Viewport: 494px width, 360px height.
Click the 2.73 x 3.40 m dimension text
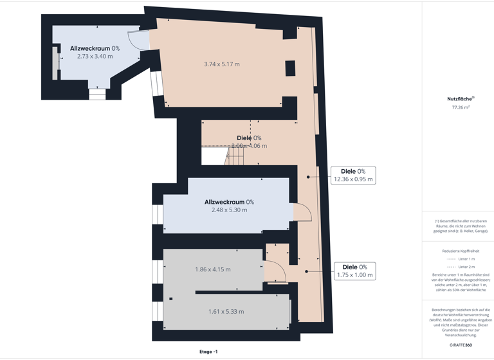[x=95, y=57]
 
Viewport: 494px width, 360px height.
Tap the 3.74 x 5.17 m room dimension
[x=222, y=64]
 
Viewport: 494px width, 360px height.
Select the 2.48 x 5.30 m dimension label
[x=229, y=210]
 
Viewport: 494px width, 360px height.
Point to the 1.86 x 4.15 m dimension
[x=213, y=269]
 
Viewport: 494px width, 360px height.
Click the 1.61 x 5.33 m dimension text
[x=226, y=312]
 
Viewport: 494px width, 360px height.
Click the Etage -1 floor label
[x=208, y=352]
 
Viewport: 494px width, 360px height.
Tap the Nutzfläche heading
[x=460, y=99]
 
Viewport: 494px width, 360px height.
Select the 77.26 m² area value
[x=461, y=107]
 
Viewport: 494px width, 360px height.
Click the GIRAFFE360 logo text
[x=461, y=345]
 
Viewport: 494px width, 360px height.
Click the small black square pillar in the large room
[x=290, y=67]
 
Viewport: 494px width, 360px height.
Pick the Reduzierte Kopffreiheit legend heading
[x=461, y=251]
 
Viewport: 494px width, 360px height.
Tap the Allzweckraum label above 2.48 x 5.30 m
[x=229, y=202]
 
